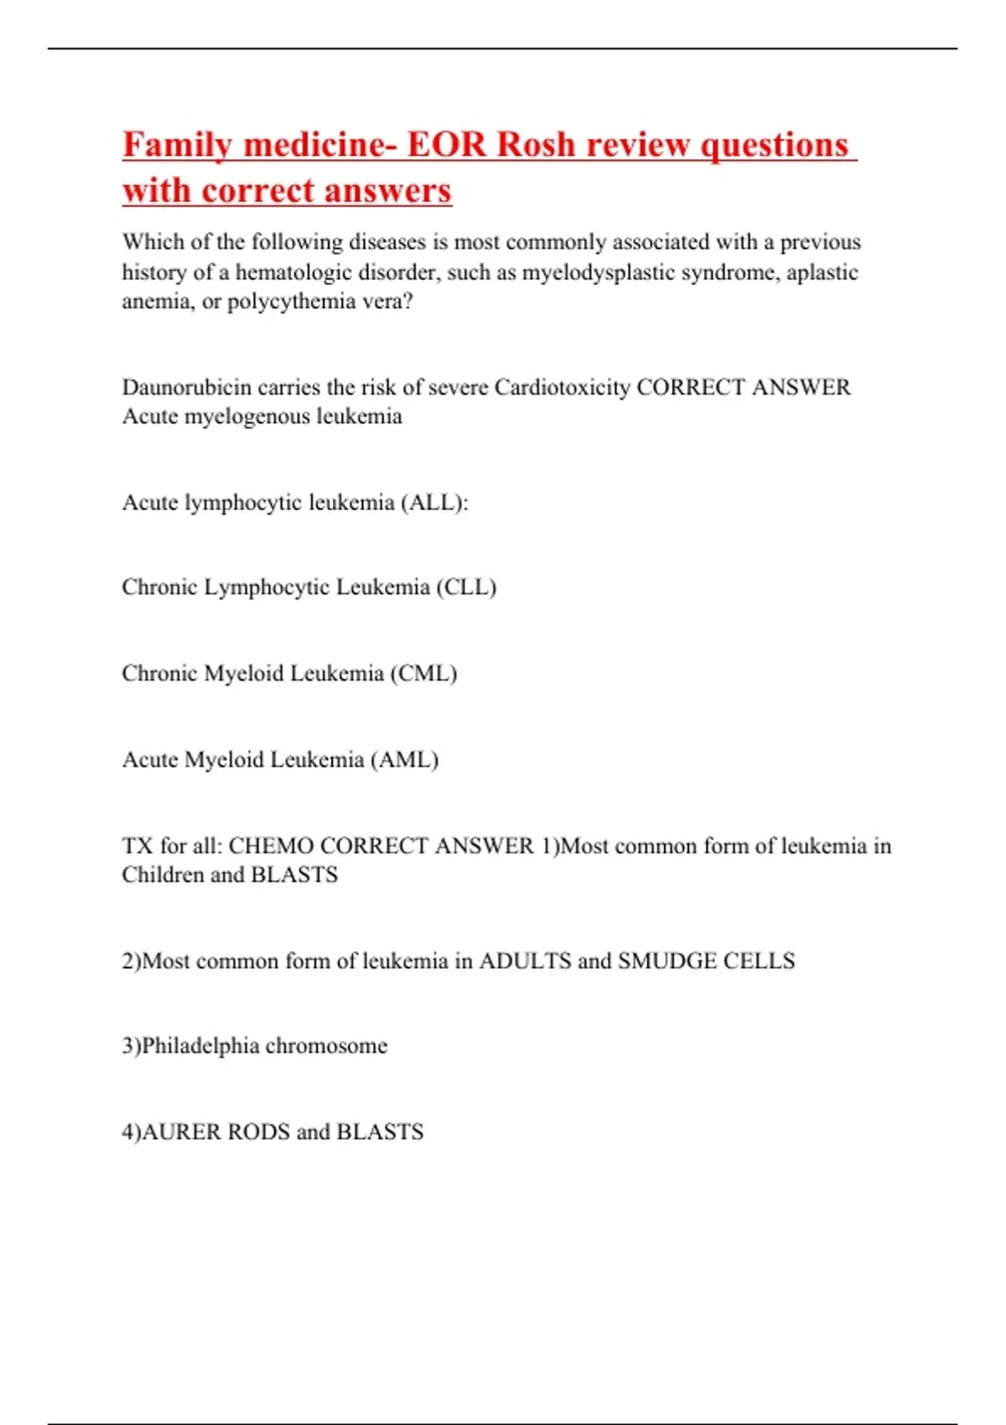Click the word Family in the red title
[176, 145]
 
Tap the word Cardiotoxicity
[562, 387]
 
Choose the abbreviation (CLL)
[465, 587]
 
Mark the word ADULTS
[525, 961]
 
